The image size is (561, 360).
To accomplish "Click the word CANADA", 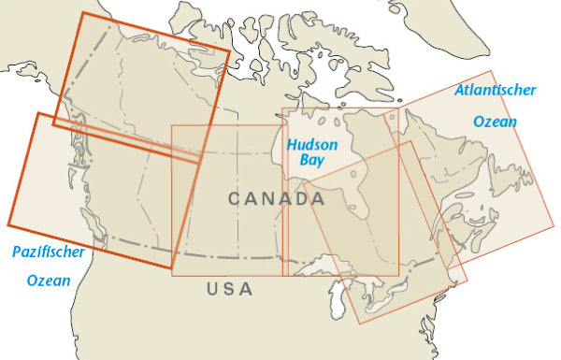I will [x=277, y=199].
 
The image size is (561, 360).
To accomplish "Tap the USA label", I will [x=230, y=289].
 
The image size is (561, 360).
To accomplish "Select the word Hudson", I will [x=312, y=146].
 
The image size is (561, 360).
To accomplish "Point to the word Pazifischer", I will [x=48, y=252].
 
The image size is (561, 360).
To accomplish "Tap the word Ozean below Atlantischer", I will [x=496, y=122].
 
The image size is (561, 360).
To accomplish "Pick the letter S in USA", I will [x=230, y=289].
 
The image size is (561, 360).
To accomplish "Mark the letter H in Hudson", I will [x=292, y=146].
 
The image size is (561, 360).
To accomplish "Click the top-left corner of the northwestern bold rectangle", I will [x=82, y=12].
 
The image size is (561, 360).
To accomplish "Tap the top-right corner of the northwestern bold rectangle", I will [x=230, y=50].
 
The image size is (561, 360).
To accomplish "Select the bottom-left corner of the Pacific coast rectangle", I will [x=7, y=225].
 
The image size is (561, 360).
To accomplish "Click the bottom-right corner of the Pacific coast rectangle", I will [x=172, y=269].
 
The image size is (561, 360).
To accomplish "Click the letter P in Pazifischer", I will [x=15, y=252].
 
